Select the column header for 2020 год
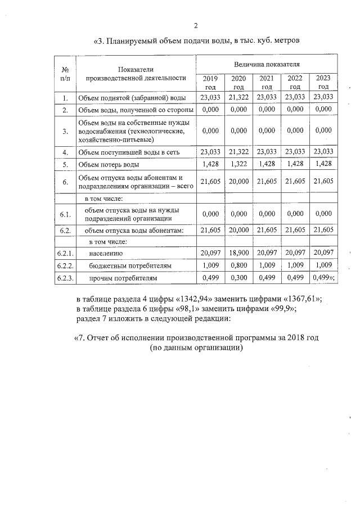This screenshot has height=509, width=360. [238, 83]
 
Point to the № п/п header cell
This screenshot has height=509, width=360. [65, 74]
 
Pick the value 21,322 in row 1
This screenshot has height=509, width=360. [238, 97]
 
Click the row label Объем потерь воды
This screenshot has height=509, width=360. [109, 165]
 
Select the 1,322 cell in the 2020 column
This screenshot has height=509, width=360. [238, 164]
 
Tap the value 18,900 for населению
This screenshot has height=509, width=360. [238, 253]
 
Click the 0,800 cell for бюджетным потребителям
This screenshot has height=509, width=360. [238, 265]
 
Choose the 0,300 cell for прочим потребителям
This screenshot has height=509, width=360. [238, 277]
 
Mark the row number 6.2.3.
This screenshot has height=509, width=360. [65, 278]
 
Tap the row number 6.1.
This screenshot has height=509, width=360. [65, 214]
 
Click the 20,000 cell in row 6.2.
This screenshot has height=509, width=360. [238, 229]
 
